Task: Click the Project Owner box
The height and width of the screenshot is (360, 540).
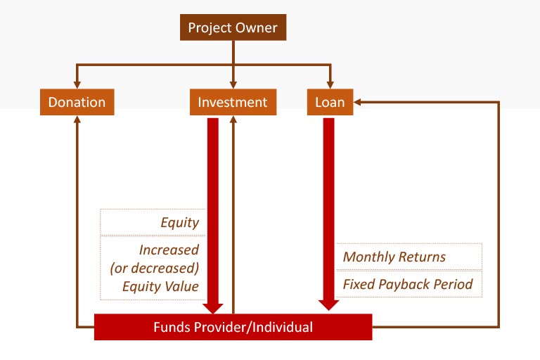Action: tap(233, 27)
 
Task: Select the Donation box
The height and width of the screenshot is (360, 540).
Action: tap(77, 102)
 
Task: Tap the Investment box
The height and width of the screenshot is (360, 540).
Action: tap(233, 102)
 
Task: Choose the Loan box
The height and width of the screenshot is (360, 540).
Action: tap(330, 102)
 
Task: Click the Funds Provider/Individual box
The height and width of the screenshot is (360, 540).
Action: tap(233, 327)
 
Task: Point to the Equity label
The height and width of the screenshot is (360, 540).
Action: tap(180, 223)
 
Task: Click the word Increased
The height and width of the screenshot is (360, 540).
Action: tap(169, 250)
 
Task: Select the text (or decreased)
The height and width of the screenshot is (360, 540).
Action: tap(155, 268)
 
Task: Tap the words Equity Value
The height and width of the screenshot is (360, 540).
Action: tap(161, 286)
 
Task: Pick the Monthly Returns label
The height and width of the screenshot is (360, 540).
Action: tap(394, 257)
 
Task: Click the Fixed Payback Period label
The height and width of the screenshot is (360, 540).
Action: tap(408, 285)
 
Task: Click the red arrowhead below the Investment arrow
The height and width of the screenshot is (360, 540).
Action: tap(213, 309)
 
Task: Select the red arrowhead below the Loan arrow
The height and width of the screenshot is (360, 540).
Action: tap(328, 305)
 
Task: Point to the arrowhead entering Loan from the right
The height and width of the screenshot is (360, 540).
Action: tap(356, 102)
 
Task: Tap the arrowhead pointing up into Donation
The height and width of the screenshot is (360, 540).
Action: tap(77, 120)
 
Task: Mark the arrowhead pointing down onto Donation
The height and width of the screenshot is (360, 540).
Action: tap(77, 85)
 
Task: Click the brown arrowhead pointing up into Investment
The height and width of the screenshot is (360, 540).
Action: tap(233, 120)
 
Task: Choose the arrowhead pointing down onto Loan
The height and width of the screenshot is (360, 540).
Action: tap(330, 85)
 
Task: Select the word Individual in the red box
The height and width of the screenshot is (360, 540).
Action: tap(283, 327)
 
